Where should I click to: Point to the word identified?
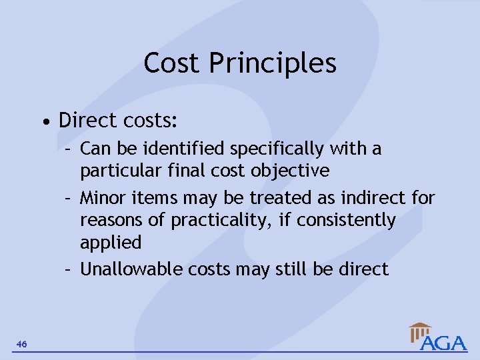172,148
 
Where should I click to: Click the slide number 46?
22,344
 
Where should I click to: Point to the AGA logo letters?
444,343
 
